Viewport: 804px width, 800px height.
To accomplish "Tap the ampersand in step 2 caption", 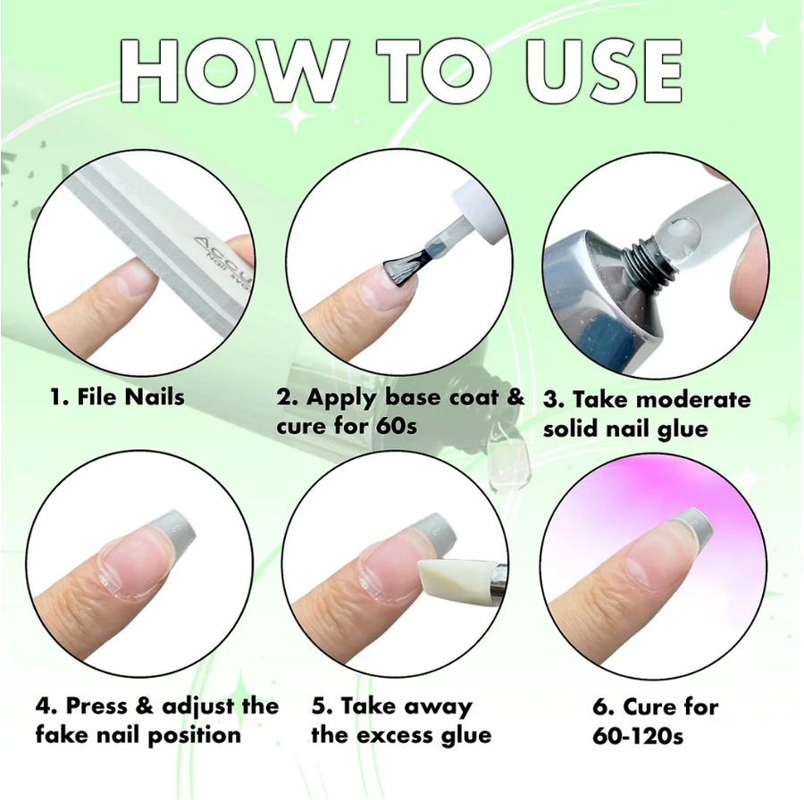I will pyautogui.click(x=515, y=396).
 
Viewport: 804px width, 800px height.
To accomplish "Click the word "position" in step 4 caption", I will pyautogui.click(x=190, y=735).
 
